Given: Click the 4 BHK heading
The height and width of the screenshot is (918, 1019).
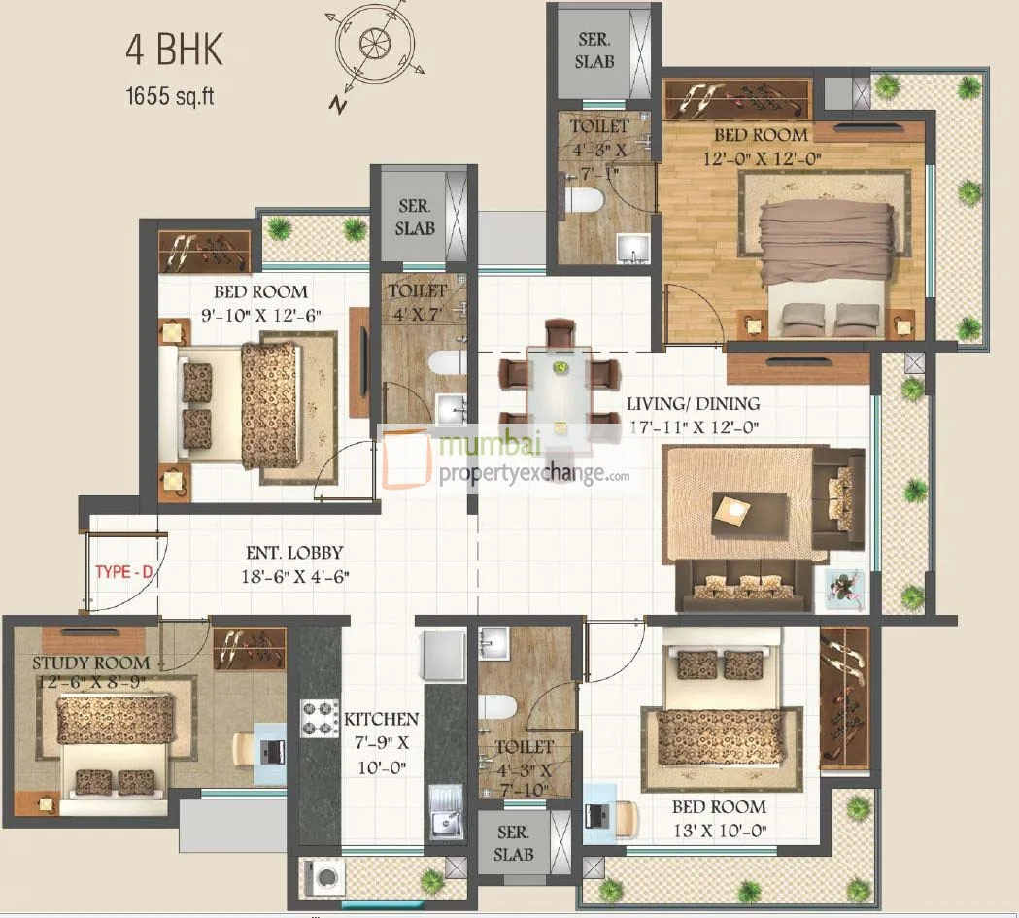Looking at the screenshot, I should [x=174, y=51].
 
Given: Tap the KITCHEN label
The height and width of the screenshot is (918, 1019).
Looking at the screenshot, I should [x=381, y=720].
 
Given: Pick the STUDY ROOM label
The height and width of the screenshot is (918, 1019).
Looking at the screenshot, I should [x=91, y=663].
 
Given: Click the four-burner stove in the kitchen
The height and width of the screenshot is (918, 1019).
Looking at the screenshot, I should [x=320, y=719].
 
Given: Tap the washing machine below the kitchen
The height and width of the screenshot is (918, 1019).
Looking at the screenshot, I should [x=321, y=876].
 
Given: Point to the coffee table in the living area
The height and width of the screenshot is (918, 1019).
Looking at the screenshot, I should [x=749, y=512].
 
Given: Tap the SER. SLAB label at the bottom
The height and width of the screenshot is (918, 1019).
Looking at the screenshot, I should [x=513, y=845].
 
